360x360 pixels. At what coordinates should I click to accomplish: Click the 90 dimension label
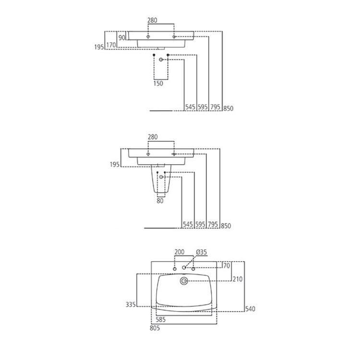coord(121,37)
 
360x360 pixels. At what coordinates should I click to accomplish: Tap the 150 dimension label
coord(158,83)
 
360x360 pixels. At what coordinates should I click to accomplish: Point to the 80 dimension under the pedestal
coord(160,201)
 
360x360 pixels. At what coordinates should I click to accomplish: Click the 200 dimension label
coord(179,252)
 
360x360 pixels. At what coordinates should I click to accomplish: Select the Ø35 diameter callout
coord(201,252)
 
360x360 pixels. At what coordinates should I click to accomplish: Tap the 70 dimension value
coord(227,264)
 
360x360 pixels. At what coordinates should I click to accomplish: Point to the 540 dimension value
coord(250,309)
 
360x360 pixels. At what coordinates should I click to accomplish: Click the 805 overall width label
coord(154,328)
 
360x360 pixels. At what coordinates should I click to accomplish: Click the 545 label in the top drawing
coord(190,108)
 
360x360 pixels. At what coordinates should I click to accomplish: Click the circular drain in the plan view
coord(184,281)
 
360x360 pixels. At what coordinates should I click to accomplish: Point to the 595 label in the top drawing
coord(203,108)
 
